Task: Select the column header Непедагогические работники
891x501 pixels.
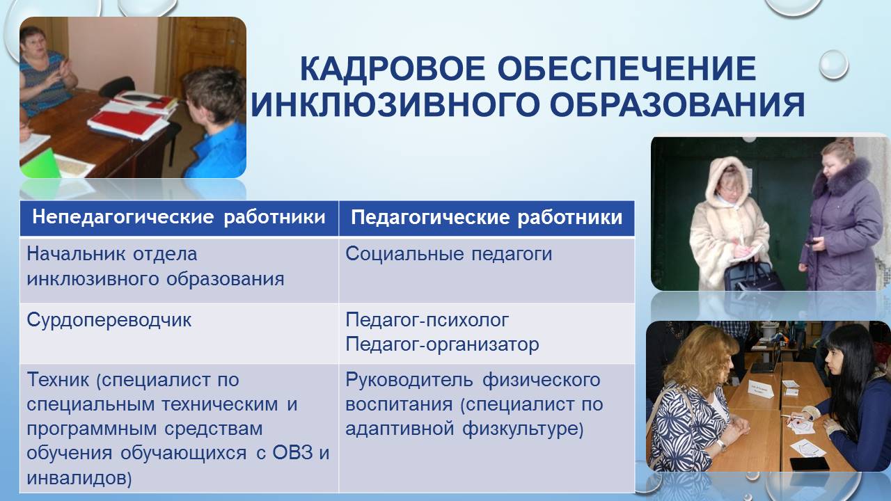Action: (179, 218)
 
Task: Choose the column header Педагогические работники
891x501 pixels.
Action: (487, 218)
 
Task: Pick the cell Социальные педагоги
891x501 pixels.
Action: (449, 254)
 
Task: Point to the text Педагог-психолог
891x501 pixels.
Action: (427, 321)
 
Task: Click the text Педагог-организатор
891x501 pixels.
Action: (442, 344)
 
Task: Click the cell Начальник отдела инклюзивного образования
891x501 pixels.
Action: (155, 267)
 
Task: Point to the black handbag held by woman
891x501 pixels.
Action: (753, 276)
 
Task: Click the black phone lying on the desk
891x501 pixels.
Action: (809, 463)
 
